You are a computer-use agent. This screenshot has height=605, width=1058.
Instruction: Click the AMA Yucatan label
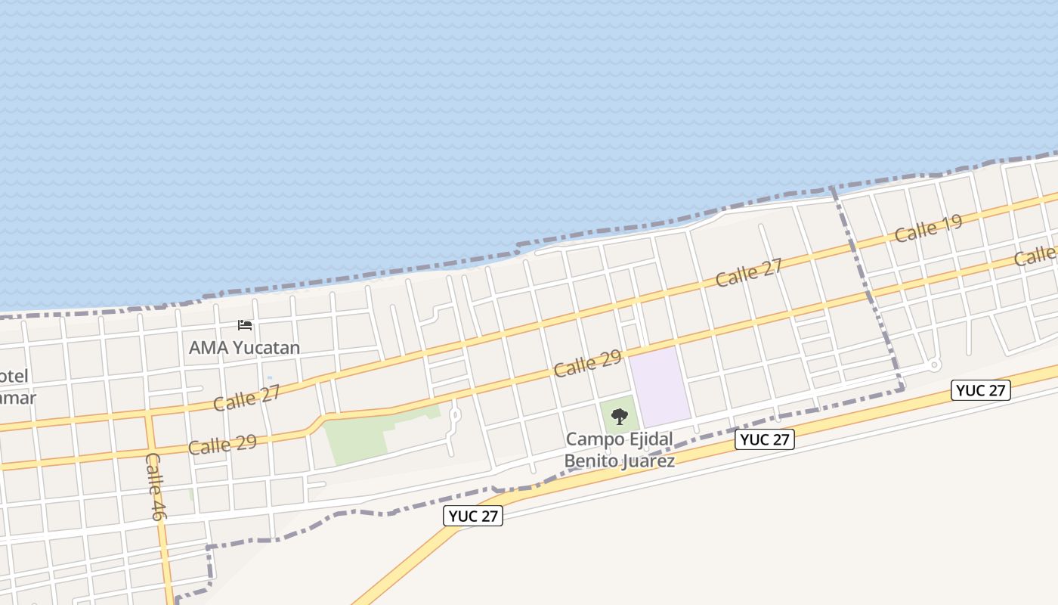pyautogui.click(x=244, y=348)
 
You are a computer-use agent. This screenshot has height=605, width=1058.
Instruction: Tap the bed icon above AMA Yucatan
pyautogui.click(x=245, y=325)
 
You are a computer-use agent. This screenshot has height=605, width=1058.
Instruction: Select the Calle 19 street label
pyautogui.click(x=928, y=228)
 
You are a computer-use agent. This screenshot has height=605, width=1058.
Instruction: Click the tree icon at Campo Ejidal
pyautogui.click(x=619, y=416)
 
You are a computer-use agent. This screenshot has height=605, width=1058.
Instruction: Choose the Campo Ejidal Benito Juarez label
pyautogui.click(x=619, y=449)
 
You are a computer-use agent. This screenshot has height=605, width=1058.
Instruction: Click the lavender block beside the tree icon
pyautogui.click(x=660, y=386)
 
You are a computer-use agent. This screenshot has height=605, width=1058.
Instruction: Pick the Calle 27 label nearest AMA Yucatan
pyautogui.click(x=246, y=398)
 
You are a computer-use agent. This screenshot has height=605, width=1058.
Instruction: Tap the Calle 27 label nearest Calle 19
pyautogui.click(x=749, y=273)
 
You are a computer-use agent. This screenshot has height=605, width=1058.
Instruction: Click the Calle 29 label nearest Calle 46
pyautogui.click(x=222, y=444)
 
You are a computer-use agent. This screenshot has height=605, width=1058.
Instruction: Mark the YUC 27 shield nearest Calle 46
pyautogui.click(x=473, y=516)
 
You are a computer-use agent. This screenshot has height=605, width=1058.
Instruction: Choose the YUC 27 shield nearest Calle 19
pyautogui.click(x=980, y=390)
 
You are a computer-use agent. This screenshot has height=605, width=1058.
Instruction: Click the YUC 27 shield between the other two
pyautogui.click(x=765, y=439)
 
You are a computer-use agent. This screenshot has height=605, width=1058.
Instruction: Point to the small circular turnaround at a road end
pyautogui.click(x=935, y=365)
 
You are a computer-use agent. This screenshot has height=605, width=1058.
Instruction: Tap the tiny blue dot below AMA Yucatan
pyautogui.click(x=270, y=378)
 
